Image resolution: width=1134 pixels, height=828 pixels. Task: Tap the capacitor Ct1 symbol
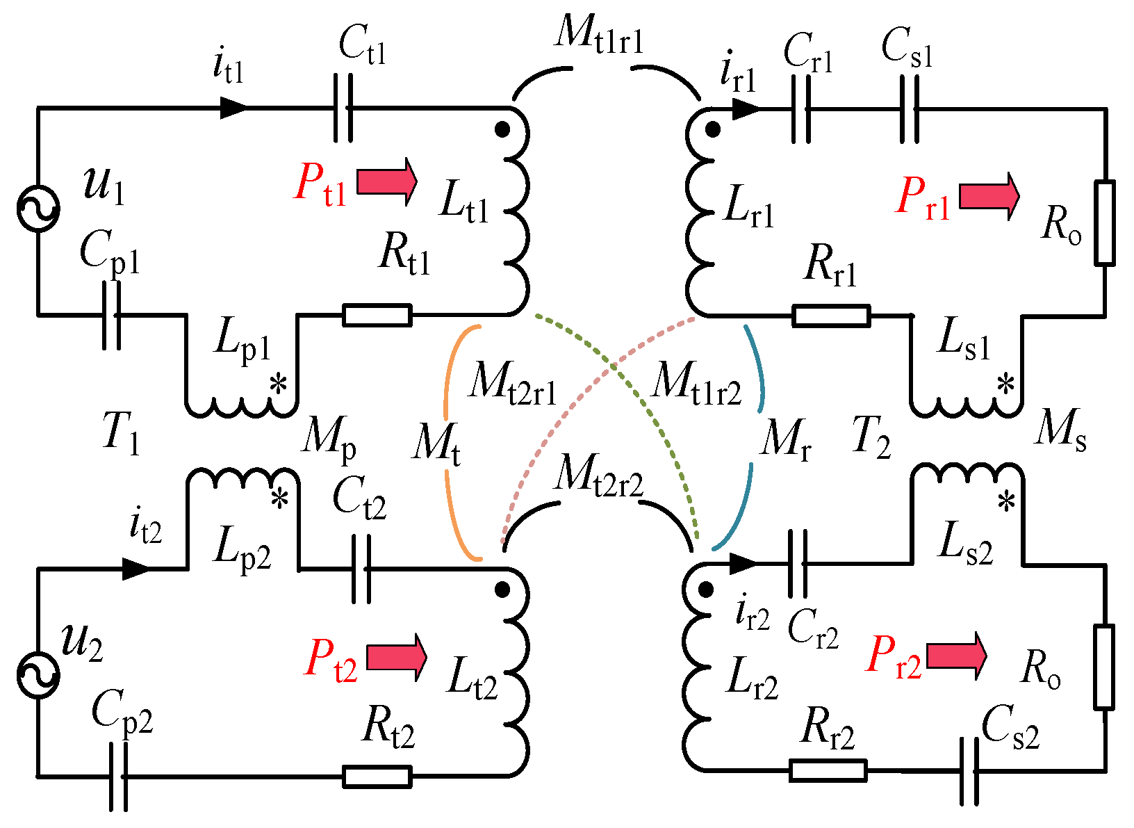343,108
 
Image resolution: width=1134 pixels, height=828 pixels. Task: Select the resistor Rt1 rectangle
377,315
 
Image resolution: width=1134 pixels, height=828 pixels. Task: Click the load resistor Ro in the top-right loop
1105,223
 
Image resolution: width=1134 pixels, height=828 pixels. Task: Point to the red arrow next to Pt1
386,181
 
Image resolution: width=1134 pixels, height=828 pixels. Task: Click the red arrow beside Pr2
956,655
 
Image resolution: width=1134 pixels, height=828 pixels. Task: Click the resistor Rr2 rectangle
828,770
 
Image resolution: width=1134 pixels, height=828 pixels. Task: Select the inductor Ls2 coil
967,473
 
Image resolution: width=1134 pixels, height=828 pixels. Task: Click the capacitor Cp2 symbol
119,776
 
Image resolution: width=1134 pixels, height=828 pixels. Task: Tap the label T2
871,438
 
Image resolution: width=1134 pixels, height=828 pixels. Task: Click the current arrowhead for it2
136,569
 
